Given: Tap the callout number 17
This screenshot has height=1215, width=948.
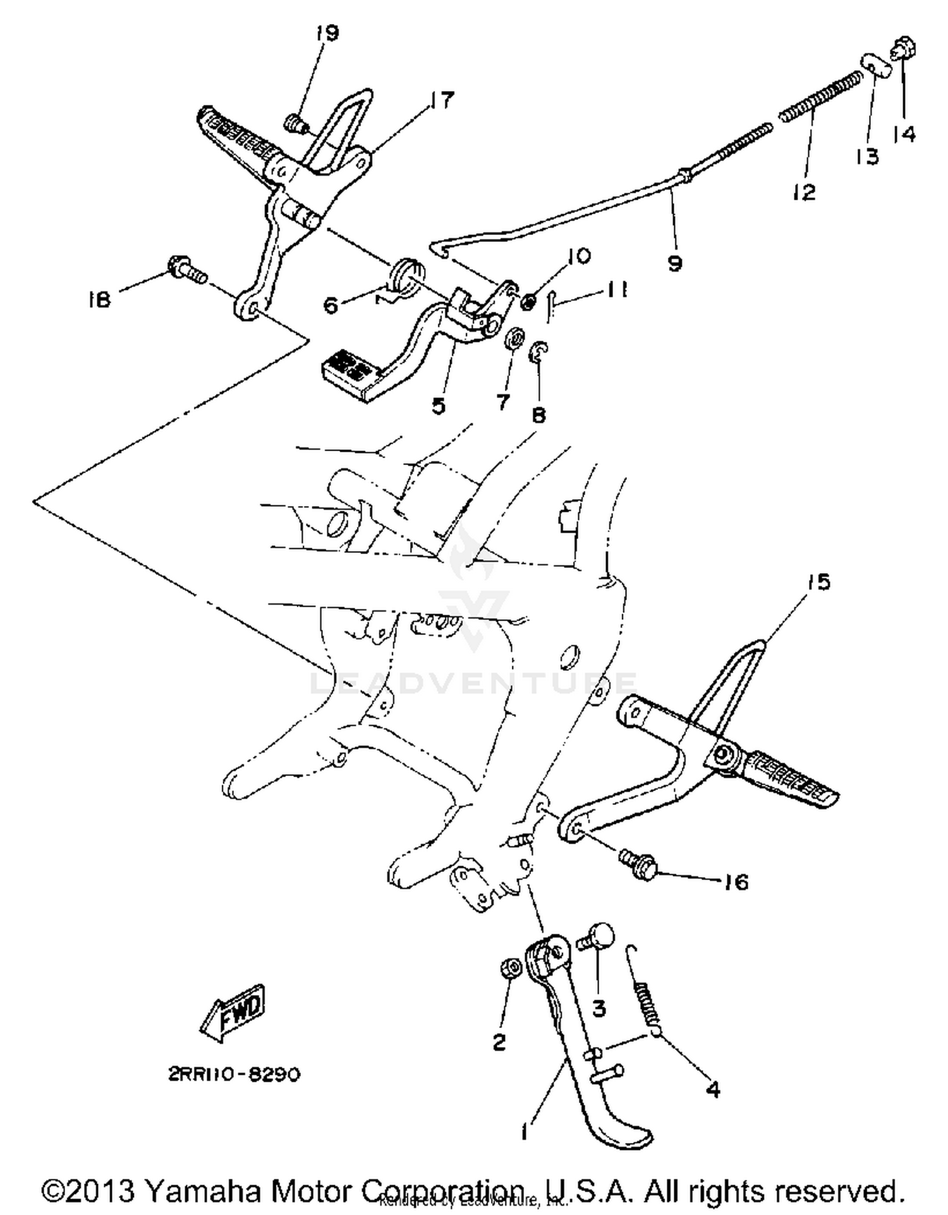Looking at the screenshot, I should tap(442, 99).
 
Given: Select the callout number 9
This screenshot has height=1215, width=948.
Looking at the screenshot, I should tap(674, 263).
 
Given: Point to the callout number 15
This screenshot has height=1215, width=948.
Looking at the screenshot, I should tap(819, 582).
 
